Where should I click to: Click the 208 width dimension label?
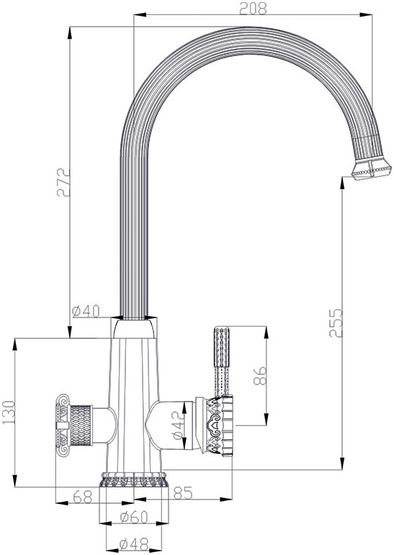[253, 8]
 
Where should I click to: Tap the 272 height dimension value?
[64, 183]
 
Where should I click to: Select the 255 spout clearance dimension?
[336, 322]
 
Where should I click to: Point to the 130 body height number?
[9, 412]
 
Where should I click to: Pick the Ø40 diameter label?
[86, 312]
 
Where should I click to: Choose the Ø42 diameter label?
[179, 426]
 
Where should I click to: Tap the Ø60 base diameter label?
[133, 518]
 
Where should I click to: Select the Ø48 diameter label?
[134, 544]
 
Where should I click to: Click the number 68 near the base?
[83, 497]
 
